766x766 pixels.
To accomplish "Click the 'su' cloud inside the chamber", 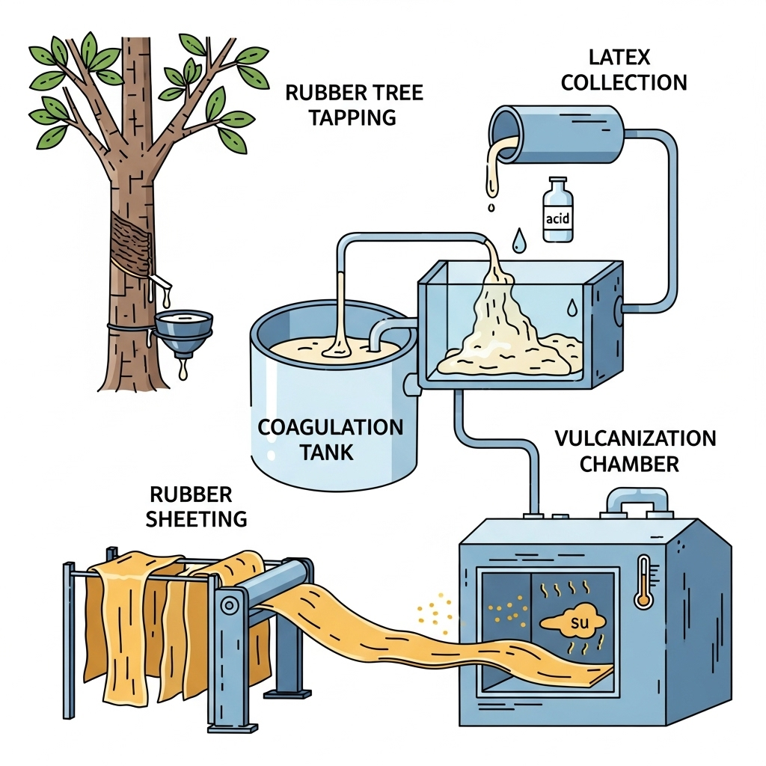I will tap(569, 623).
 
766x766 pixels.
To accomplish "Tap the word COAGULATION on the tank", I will tap(330, 428).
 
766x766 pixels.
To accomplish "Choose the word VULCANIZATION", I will tap(635, 438).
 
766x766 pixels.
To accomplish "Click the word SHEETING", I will tap(195, 518).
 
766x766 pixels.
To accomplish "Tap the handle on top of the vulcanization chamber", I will tap(635, 500).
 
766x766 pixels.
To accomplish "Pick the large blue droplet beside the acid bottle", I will tap(518, 240).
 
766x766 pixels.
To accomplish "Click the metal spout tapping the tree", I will tap(161, 282).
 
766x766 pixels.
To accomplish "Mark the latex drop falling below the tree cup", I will tap(183, 371).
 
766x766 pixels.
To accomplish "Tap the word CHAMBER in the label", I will tap(629, 464).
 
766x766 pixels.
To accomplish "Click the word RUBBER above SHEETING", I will tap(191, 494).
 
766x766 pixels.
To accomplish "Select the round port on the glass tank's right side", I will tap(618, 307).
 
